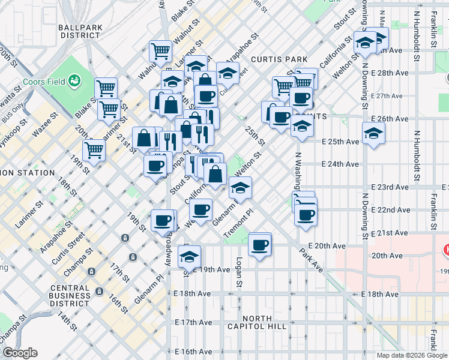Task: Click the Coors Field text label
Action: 44,81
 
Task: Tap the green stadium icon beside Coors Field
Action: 75,80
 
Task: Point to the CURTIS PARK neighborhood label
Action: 279,59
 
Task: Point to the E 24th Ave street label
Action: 340,164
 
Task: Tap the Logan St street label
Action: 239,272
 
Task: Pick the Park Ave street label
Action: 314,259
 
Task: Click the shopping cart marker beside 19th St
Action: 94,151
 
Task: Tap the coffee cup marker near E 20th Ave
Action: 260,245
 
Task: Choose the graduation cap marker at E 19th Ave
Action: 190,257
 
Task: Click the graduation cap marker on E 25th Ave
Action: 373,134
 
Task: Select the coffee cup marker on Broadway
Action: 164,221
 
